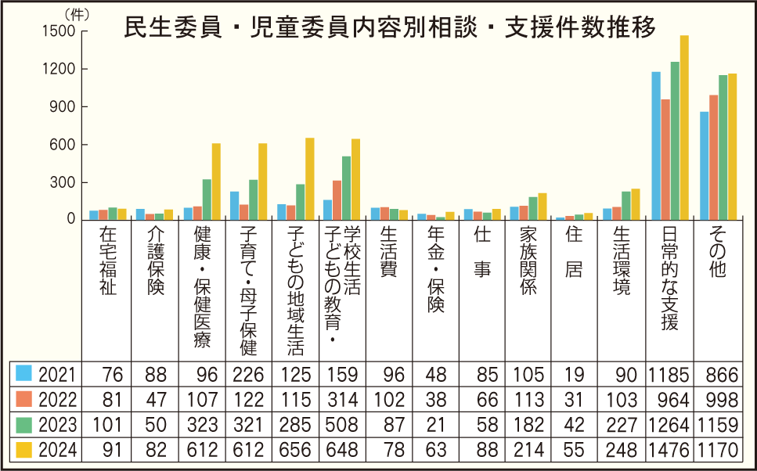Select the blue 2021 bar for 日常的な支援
point(656,146)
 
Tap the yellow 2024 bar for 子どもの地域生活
point(309,178)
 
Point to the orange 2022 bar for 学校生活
point(337,200)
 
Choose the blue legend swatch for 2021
point(24,374)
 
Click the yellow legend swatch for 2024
point(24,450)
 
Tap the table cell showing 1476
point(669,450)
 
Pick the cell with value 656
point(295,450)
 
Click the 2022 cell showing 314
point(342,400)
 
